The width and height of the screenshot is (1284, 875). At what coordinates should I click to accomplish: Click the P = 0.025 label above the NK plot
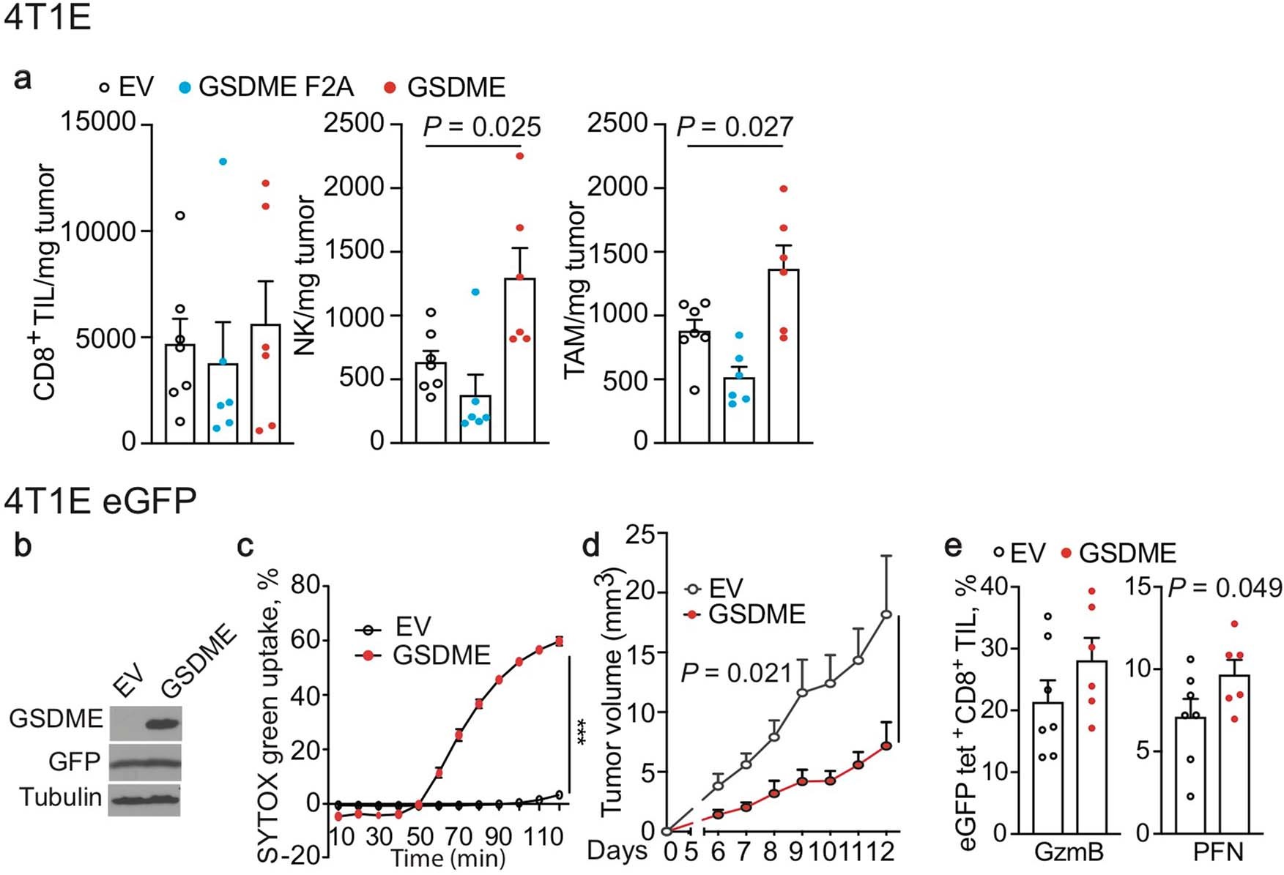click(482, 127)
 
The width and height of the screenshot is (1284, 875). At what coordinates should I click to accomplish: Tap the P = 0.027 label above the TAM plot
click(735, 127)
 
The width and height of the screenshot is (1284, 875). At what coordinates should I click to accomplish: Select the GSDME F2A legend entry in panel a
click(267, 87)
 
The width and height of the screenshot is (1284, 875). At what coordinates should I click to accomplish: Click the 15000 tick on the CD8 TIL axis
click(98, 122)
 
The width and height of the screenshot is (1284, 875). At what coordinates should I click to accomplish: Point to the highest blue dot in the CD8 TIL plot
click(223, 161)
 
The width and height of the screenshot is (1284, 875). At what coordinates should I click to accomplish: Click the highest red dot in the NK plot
click(519, 156)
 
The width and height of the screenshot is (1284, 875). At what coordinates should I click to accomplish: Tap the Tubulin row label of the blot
click(60, 797)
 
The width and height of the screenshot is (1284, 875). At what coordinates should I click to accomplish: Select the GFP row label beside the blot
click(74, 762)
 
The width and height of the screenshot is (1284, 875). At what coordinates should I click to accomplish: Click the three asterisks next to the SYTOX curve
click(584, 732)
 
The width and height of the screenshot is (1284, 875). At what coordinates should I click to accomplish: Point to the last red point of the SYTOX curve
click(559, 641)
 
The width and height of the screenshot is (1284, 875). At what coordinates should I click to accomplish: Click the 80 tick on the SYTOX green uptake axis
click(306, 585)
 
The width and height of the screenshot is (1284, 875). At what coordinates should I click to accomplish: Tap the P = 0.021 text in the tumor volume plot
click(735, 672)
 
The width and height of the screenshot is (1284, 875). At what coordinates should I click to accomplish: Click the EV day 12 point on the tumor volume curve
click(886, 614)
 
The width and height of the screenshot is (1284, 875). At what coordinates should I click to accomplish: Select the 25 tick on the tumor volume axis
click(641, 535)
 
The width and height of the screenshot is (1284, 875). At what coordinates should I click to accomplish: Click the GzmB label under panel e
click(1069, 852)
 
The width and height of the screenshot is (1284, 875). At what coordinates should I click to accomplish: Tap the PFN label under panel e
click(1218, 852)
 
